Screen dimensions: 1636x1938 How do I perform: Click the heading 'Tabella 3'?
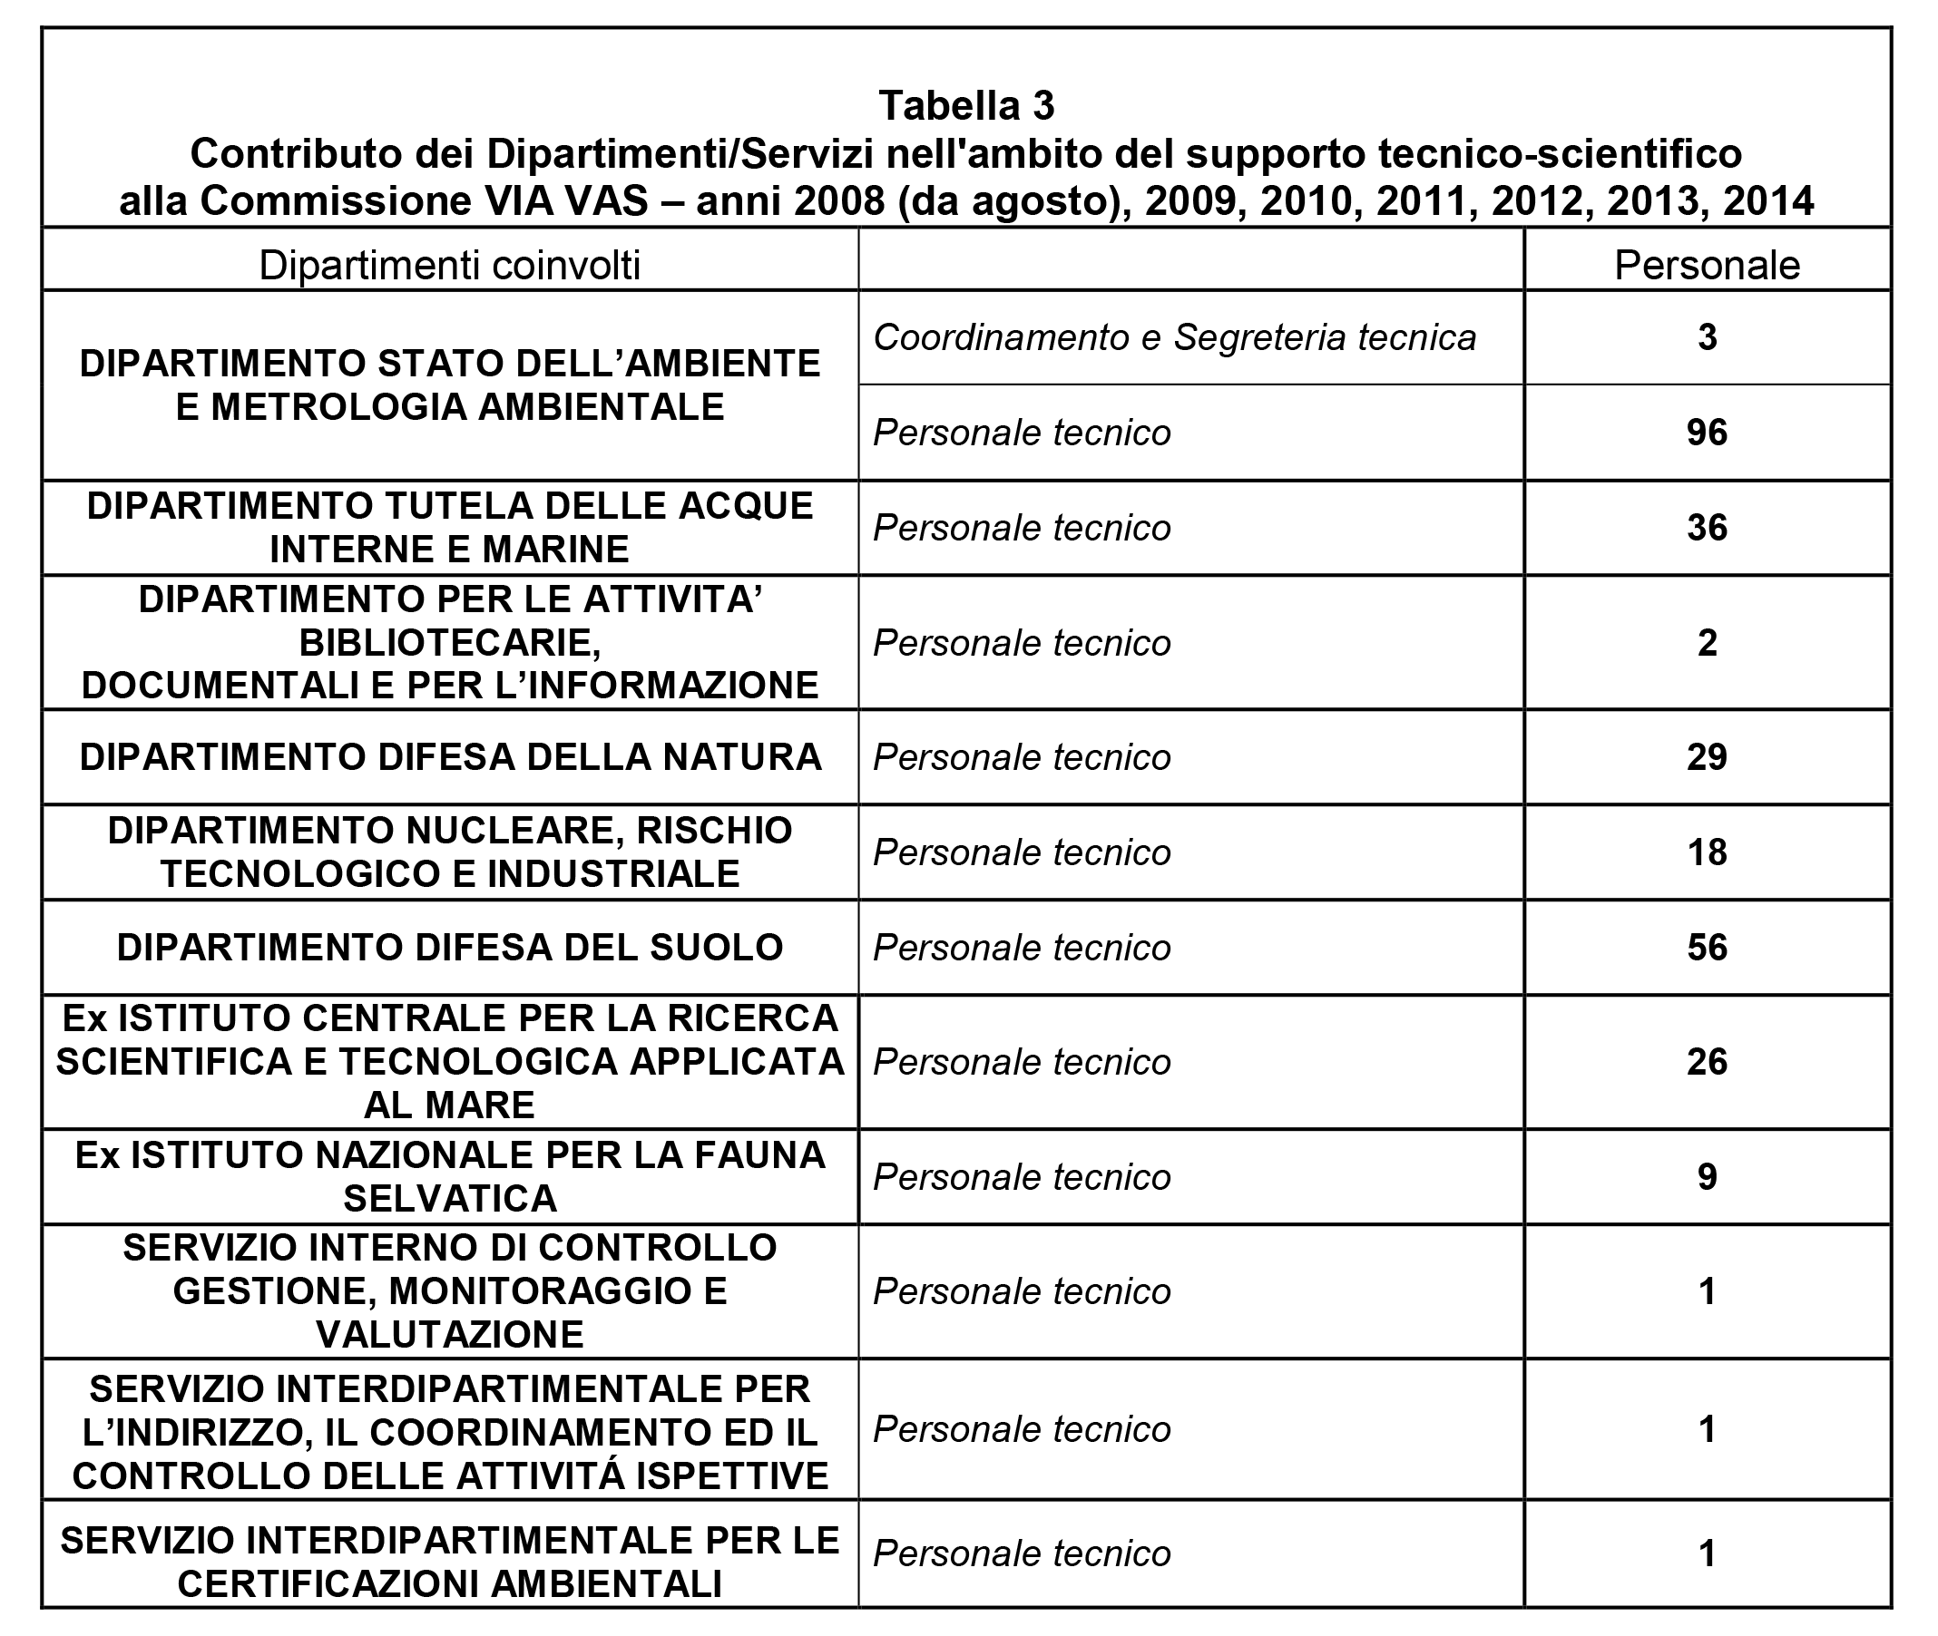tap(965, 106)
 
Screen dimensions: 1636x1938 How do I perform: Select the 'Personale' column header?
tap(1706, 265)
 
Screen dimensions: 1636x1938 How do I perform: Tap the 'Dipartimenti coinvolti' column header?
tap(449, 265)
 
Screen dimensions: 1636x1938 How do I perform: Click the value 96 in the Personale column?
tap(1706, 433)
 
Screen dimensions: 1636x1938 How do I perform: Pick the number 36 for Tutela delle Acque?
tap(1706, 528)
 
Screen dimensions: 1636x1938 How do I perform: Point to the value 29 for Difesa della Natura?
tap(1706, 757)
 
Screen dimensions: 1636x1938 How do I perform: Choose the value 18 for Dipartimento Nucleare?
tap(1706, 852)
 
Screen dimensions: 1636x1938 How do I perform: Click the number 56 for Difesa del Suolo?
tap(1706, 948)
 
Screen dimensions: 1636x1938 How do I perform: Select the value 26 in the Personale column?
tap(1706, 1062)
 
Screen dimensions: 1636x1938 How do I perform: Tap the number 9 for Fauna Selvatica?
tap(1706, 1177)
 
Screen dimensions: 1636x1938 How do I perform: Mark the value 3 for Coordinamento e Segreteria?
tap(1706, 336)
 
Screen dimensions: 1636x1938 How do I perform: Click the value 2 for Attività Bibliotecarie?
tap(1706, 643)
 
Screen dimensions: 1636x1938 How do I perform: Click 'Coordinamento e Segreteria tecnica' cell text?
tap(1173, 337)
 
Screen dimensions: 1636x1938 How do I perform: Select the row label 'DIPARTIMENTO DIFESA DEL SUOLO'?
tap(450, 948)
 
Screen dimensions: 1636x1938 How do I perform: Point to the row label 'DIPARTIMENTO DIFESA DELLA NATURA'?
tap(450, 757)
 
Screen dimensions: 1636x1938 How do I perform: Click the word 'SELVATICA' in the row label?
tap(450, 1198)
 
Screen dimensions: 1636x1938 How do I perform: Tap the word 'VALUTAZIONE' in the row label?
tap(450, 1335)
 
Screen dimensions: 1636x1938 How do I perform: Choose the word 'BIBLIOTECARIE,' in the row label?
tap(450, 643)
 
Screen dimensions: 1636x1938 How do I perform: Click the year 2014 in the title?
tap(1767, 201)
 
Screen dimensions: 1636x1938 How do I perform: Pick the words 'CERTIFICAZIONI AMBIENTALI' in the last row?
tap(450, 1584)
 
